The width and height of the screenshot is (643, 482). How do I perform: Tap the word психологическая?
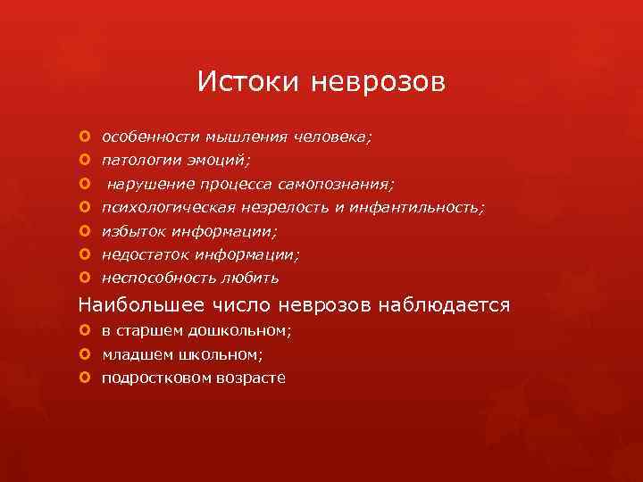(x=168, y=207)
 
